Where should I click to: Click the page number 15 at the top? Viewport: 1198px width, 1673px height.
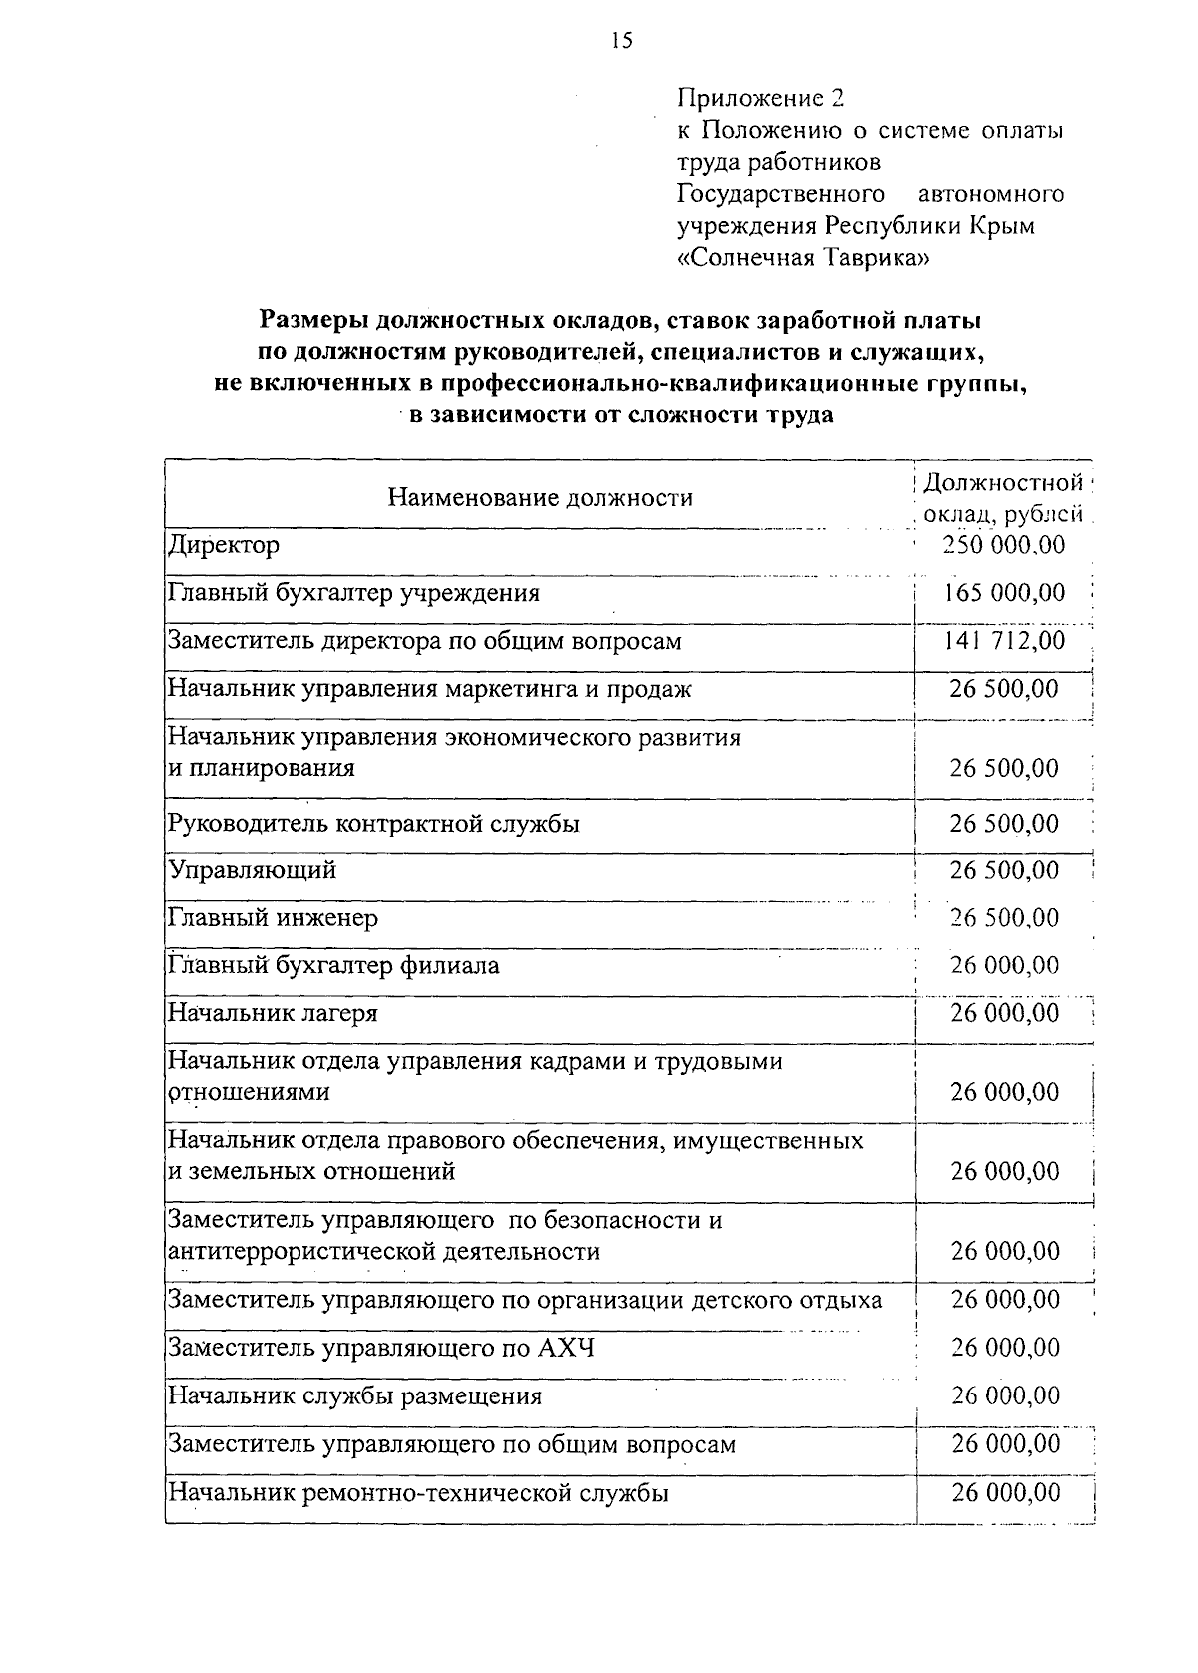pos(620,40)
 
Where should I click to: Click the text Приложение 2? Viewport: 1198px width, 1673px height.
pos(761,98)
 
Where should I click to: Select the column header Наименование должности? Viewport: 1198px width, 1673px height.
pos(540,497)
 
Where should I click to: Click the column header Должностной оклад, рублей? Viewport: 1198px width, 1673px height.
pos(1002,498)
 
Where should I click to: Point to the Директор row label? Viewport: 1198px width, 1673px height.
pos(224,545)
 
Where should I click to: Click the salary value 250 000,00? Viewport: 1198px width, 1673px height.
pos(1004,545)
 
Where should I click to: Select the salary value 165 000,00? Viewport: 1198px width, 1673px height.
pos(1004,593)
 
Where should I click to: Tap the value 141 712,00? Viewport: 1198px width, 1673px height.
pos(1004,641)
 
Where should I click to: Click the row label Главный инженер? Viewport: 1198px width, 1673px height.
pos(273,917)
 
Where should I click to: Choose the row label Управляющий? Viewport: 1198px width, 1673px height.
pos(252,870)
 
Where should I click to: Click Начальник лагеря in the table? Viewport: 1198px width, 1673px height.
pos(273,1013)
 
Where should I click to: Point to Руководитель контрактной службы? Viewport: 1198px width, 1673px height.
pos(373,824)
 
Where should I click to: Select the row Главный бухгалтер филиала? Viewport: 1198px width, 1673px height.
pos(333,965)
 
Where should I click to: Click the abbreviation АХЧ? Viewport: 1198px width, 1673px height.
pos(566,1349)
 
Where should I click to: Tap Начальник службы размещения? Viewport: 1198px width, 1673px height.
pos(354,1395)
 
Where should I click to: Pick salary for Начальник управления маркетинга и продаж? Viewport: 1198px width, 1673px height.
pos(1004,689)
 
